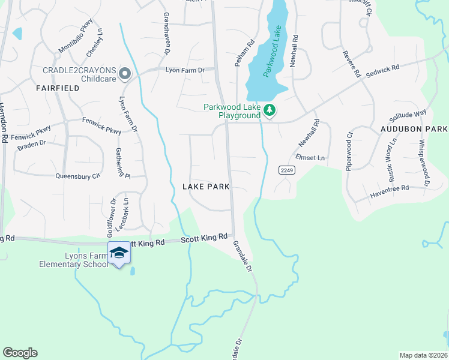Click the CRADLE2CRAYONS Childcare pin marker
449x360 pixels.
pos(125,74)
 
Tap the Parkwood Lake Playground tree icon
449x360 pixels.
pos(270,110)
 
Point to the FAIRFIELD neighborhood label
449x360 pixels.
pos(58,88)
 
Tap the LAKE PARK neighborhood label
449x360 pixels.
pos(206,187)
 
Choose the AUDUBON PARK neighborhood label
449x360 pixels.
pos(414,129)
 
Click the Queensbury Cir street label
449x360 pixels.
pos(77,176)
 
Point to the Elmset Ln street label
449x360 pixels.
pos(310,158)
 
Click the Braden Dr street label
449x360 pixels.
pos(32,145)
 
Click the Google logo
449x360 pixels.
pos(20,353)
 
